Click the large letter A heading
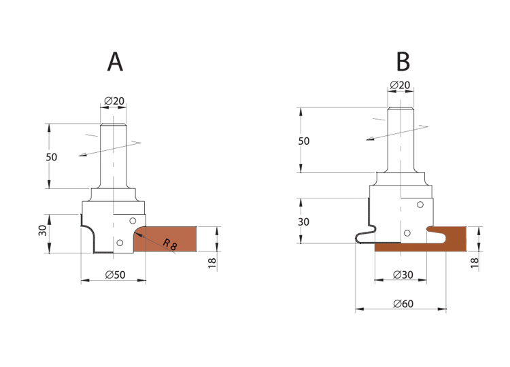point(115,62)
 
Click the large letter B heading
point(403,62)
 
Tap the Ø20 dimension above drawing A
point(114,101)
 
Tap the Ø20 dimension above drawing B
point(400,85)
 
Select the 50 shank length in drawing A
point(52,157)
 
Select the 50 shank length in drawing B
point(304,141)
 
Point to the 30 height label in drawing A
point(43,230)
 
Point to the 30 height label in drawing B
point(303,222)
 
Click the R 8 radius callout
point(170,245)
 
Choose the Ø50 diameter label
point(115,275)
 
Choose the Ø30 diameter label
point(403,275)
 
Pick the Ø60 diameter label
point(403,304)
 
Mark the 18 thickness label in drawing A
point(212,263)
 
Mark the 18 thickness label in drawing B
point(475,262)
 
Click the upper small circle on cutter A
point(133,221)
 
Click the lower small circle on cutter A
point(120,243)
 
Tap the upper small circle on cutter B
point(420,205)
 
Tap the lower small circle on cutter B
point(407,233)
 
